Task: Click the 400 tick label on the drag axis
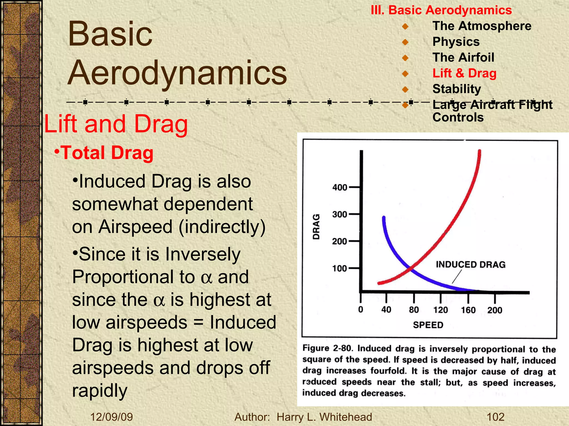pos(340,187)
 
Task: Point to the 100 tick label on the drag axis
pos(340,268)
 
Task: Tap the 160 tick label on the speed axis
pos(468,310)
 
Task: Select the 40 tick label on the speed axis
pos(386,310)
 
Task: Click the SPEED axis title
pos(428,325)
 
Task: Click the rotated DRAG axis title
pos(316,227)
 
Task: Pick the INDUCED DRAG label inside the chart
pos(470,265)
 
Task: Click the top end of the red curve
pos(480,151)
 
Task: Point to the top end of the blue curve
pos(384,217)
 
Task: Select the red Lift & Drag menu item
pos(464,73)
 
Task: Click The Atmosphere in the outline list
pos(482,26)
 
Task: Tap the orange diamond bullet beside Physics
pos(405,42)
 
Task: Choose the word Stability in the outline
pos(456,89)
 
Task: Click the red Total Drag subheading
pos(107,153)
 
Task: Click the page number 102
pos(496,417)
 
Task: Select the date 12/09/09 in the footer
pos(112,417)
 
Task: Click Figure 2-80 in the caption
pos(328,348)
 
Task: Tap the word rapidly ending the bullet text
pos(100,391)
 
